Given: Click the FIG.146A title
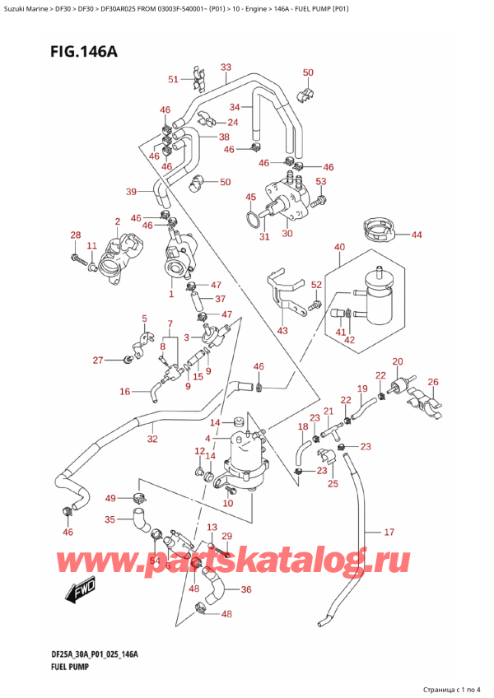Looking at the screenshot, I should point(82,52).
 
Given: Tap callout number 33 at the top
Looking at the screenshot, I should point(226,67).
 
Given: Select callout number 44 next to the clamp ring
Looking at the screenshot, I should point(417,235).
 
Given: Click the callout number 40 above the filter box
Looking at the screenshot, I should point(339,247).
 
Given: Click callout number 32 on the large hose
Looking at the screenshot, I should point(151,440).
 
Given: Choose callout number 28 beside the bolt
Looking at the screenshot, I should point(76,236).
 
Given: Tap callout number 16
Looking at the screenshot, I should point(125,392).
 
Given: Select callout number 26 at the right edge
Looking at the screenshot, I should point(434,381).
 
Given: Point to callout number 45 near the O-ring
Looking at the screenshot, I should point(250,197).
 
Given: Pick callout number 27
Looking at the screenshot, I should point(98,360).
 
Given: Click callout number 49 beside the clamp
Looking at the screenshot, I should point(110,498).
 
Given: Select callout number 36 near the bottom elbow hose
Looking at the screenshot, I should point(245,589).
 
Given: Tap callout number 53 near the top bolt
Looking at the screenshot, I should point(321,181).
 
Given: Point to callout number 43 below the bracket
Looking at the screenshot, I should point(282,331).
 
